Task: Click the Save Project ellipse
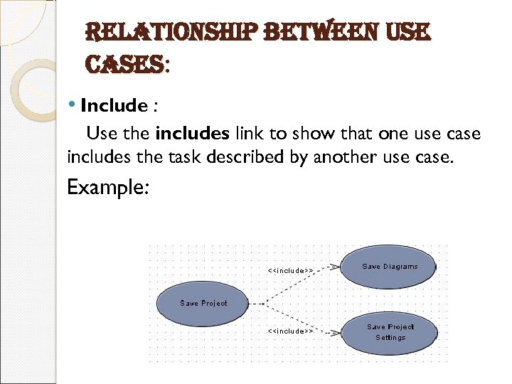(x=203, y=303)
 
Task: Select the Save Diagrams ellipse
(x=390, y=267)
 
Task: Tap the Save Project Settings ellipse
(x=390, y=332)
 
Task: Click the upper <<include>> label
(x=290, y=270)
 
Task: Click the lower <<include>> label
(x=290, y=331)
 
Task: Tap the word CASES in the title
(x=122, y=66)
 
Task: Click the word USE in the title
(x=406, y=31)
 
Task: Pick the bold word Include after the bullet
(x=114, y=106)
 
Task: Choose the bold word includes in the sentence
(x=192, y=134)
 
